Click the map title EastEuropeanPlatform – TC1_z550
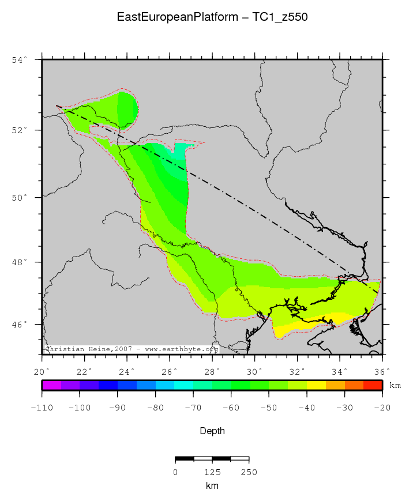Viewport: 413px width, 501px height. pos(212,17)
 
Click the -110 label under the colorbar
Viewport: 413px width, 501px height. pos(42,408)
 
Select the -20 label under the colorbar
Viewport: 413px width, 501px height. pos(382,408)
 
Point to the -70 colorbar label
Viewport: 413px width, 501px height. pos(193,408)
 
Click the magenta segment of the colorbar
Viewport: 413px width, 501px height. pos(51,385)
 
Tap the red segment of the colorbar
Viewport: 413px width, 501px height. pos(373,385)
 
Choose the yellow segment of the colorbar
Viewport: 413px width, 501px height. pos(316,385)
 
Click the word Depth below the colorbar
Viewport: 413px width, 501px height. pos(212,431)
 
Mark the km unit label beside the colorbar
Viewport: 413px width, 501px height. pos(395,385)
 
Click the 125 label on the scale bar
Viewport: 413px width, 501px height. pos(212,472)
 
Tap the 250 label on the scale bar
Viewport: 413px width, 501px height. pos(249,472)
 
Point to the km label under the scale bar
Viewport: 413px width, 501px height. pos(212,486)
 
